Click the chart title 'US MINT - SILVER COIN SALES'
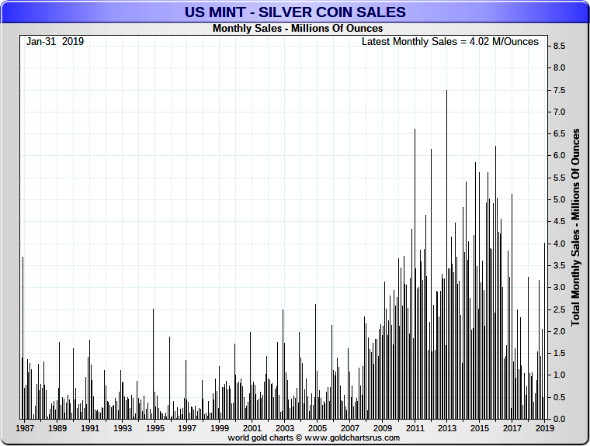coord(294,12)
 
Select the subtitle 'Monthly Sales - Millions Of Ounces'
coord(297,29)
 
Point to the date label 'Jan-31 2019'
coord(55,41)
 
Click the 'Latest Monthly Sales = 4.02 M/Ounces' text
coord(449,41)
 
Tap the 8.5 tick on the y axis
coord(558,46)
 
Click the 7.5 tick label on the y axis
coord(558,90)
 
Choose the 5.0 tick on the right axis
coord(558,199)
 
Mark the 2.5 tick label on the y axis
coord(558,309)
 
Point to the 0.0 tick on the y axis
coord(558,419)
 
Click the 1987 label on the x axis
coord(25,428)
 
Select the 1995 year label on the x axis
coord(154,428)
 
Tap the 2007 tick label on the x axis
coord(349,428)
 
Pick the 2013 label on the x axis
coord(447,428)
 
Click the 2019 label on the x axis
coord(544,428)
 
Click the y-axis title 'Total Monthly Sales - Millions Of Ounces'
coord(576,227)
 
